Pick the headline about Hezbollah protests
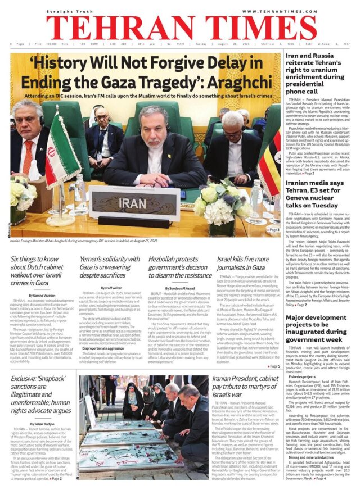180,267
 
